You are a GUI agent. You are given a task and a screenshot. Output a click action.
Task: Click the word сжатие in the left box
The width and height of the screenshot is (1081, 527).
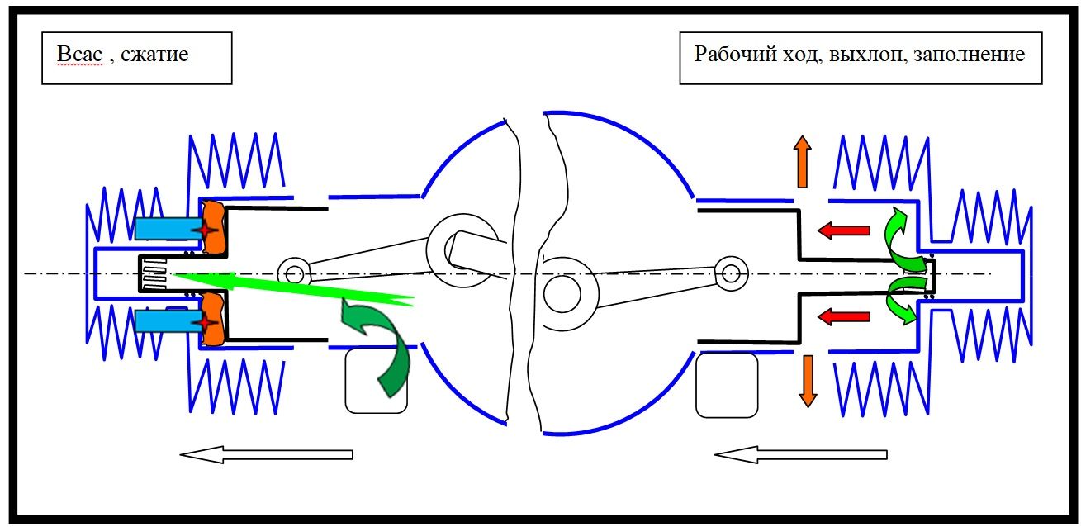154,56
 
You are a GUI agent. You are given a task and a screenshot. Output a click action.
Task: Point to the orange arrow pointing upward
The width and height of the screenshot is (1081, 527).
801,162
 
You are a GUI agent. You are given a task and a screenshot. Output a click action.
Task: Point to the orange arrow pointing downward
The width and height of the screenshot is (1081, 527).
806,380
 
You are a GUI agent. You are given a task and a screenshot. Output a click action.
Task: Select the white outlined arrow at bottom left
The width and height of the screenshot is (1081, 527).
266,453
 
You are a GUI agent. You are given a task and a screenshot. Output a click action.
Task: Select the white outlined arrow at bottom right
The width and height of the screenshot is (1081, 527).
800,453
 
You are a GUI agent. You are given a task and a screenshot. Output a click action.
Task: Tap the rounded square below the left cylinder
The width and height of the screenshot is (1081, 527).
376,381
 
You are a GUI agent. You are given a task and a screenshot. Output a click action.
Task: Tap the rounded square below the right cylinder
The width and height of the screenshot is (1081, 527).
727,385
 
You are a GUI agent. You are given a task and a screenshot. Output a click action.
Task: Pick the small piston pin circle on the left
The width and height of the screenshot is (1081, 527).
292,271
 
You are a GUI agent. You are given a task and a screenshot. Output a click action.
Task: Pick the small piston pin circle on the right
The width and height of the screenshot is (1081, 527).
729,271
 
